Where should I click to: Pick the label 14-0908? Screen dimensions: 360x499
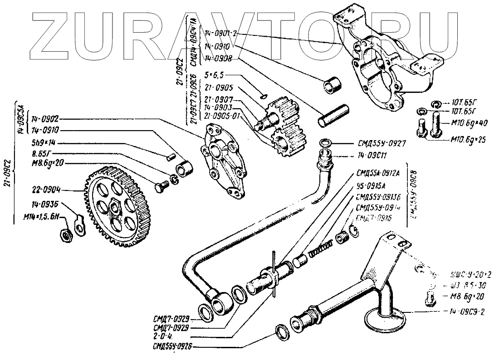point(219,58)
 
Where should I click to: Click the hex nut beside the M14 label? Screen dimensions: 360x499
point(65,234)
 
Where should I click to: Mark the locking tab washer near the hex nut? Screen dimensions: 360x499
point(80,225)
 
